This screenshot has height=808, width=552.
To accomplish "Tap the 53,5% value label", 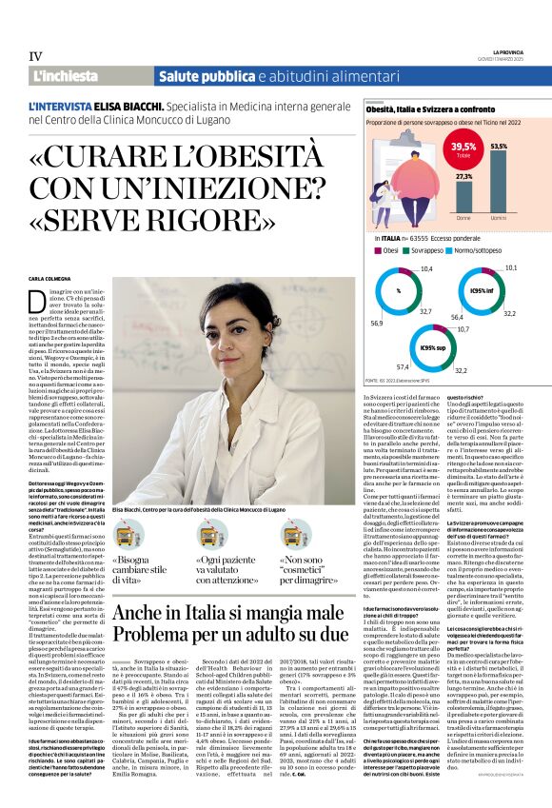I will click(499, 147).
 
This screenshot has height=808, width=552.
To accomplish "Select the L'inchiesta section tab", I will click(66, 75).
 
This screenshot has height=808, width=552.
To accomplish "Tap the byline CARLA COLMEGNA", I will click(54, 279).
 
